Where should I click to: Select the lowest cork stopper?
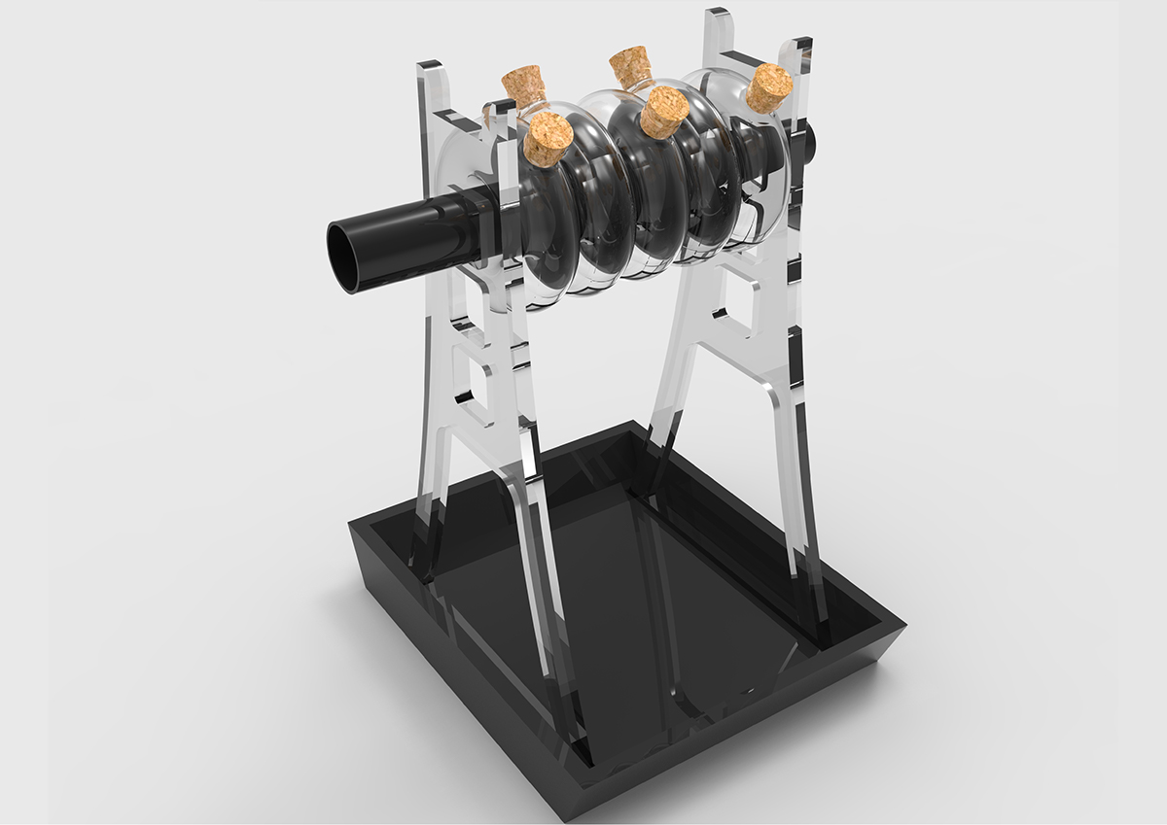(548, 138)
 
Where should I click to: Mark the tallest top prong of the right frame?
(718, 29)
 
